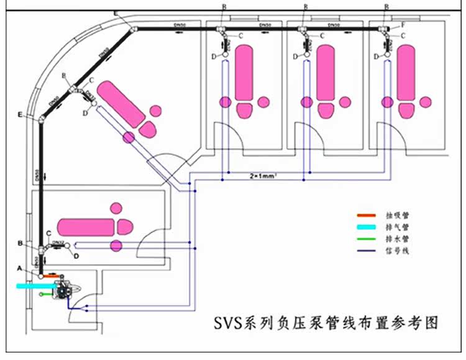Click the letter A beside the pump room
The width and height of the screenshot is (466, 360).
coord(20,268)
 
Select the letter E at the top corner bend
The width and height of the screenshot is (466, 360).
coord(117,13)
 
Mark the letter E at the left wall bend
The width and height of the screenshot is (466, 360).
coord(21,115)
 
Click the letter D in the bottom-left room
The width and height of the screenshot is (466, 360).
coord(76,255)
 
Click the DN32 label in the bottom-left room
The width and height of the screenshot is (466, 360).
coord(58,241)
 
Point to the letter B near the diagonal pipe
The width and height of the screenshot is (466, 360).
coord(64,76)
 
